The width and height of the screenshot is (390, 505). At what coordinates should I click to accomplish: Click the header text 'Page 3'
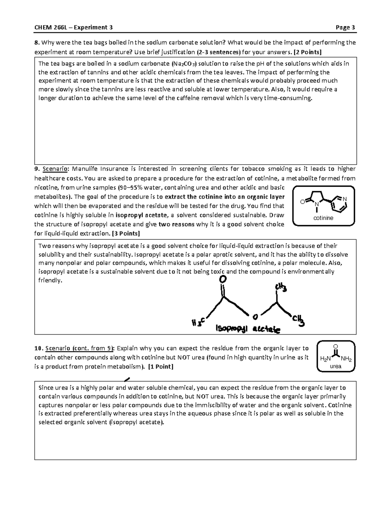345,27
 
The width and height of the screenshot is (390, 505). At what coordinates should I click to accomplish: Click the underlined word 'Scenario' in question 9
56,169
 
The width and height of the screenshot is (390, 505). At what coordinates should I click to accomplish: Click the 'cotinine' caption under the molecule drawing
323,218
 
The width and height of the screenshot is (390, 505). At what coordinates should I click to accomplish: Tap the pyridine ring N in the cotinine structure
345,199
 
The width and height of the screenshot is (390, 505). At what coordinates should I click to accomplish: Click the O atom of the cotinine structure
302,202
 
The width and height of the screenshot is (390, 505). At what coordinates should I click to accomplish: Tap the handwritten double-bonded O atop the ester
223,279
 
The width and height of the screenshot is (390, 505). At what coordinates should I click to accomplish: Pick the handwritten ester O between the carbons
255,316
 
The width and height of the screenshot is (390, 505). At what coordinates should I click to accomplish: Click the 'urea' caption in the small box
335,366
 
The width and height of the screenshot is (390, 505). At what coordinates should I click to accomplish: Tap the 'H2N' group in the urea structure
325,359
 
